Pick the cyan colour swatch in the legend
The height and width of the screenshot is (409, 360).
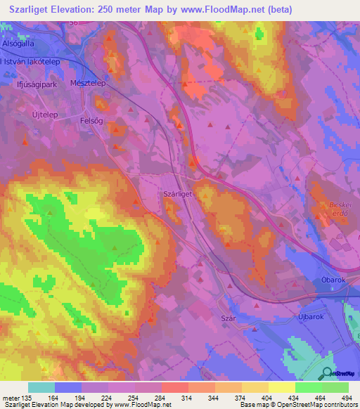[41, 387]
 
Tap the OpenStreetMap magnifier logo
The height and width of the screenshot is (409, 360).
[326, 373]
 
